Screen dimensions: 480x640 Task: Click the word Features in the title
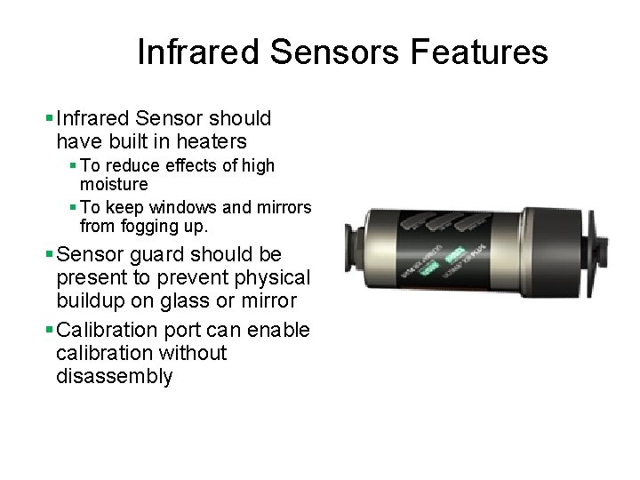[x=480, y=52]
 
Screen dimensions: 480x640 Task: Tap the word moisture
[x=114, y=184]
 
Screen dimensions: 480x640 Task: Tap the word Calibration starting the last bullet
[x=106, y=331]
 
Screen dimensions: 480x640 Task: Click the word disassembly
[x=114, y=376]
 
